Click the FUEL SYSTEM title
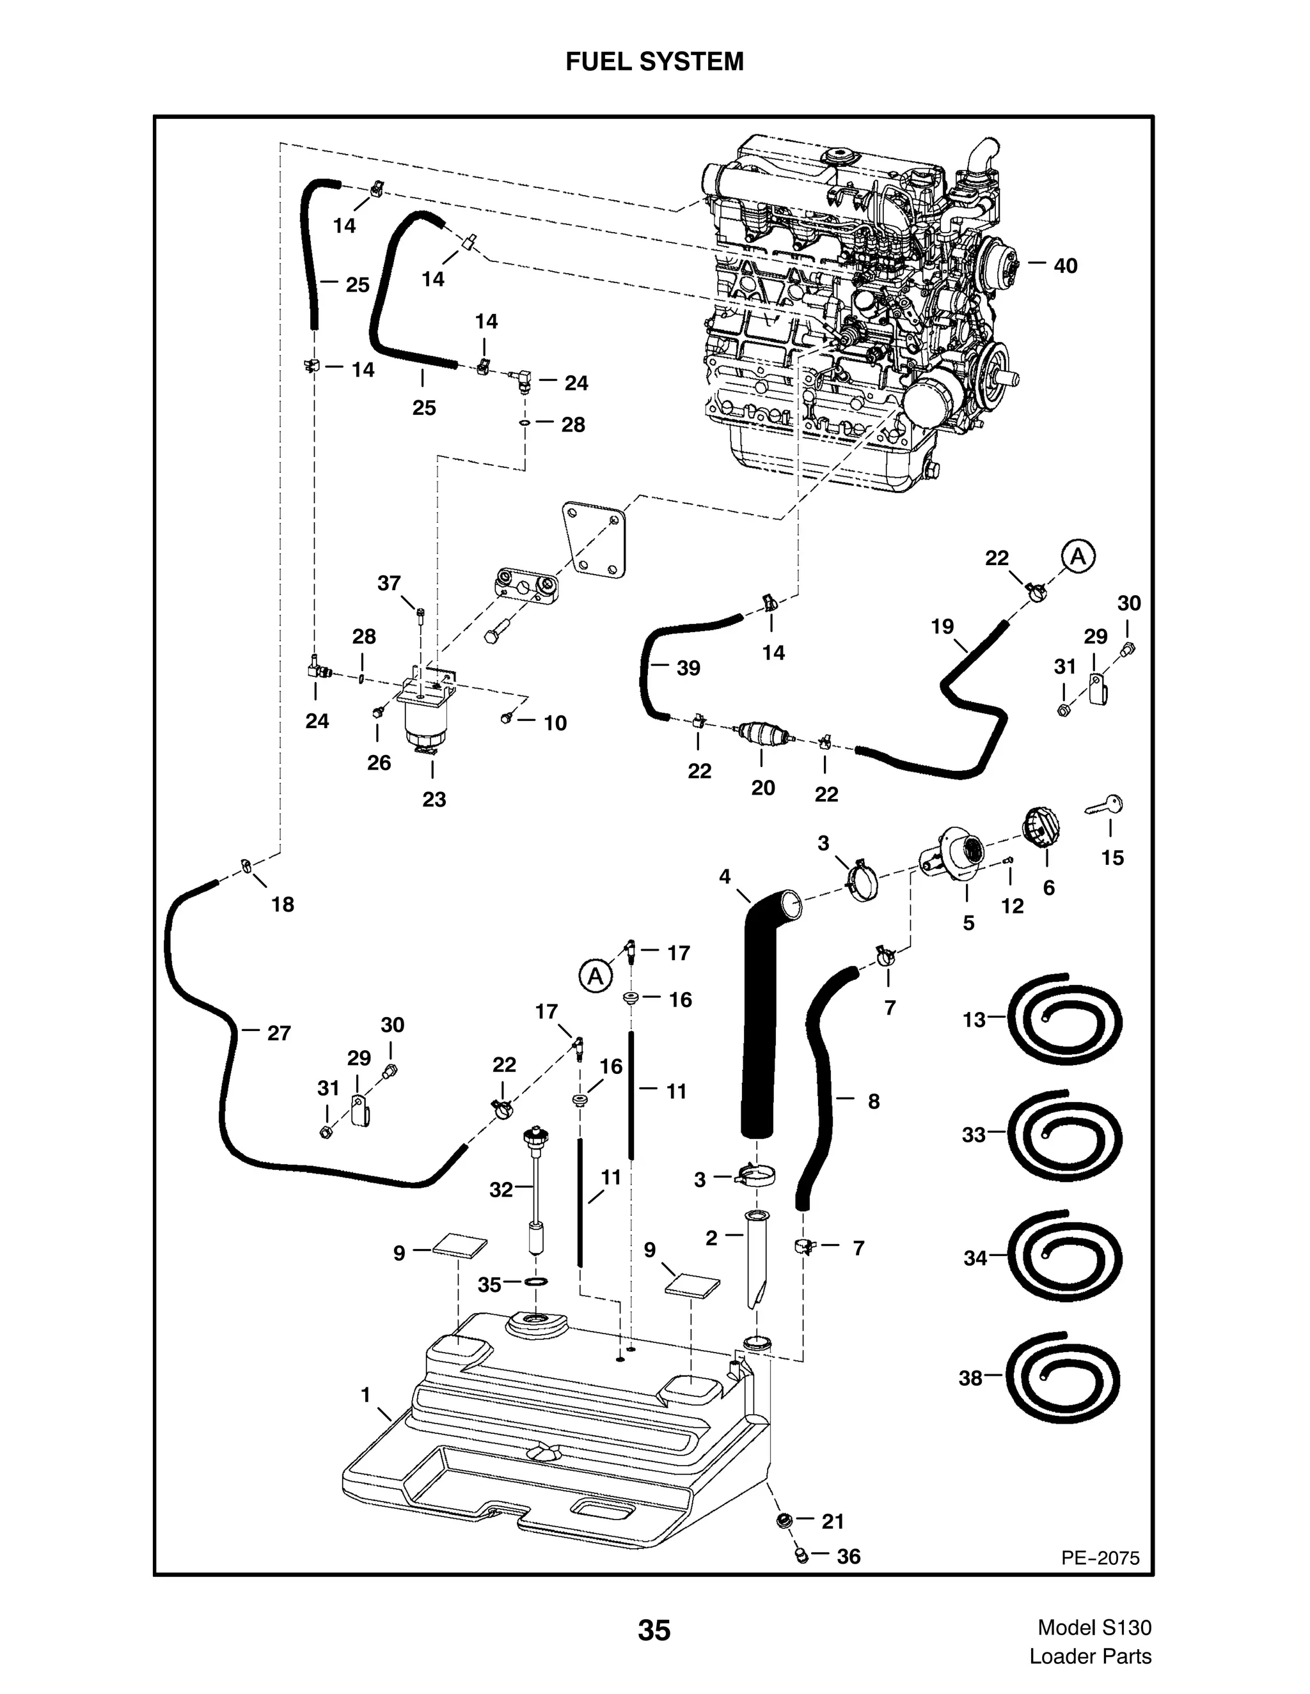(654, 61)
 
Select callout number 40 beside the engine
(1065, 265)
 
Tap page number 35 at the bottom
(654, 1631)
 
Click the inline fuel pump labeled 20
(764, 733)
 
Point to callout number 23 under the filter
(434, 799)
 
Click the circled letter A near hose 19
(1078, 556)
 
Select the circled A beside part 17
(596, 975)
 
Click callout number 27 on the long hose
(279, 1032)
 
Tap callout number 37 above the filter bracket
(389, 582)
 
